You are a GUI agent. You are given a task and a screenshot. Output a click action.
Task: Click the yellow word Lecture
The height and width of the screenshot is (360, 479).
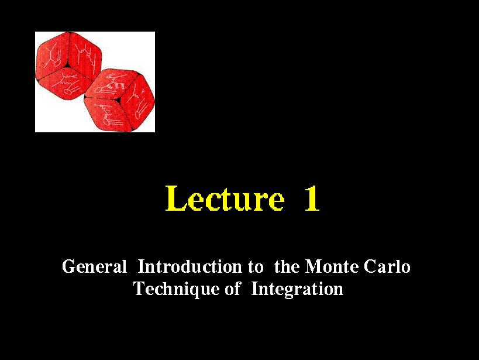pyautogui.click(x=225, y=198)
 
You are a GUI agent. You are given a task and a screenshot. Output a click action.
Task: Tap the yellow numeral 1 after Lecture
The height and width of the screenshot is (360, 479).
pyautogui.click(x=312, y=199)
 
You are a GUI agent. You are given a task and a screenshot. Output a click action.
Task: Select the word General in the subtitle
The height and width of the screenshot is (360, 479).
pyautogui.click(x=94, y=266)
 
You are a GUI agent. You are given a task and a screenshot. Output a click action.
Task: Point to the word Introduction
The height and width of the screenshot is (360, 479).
pyautogui.click(x=189, y=266)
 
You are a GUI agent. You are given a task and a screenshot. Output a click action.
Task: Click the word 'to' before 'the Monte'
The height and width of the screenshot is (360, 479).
pyautogui.click(x=256, y=267)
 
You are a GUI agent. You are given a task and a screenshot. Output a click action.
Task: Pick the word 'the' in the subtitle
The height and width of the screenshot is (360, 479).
pyautogui.click(x=287, y=266)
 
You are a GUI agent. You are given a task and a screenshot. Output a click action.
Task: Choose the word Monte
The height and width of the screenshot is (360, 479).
pyautogui.click(x=332, y=266)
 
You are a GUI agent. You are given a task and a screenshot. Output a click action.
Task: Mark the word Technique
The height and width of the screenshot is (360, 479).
pyautogui.click(x=176, y=289)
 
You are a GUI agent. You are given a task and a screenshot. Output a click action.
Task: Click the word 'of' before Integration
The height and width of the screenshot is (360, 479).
pyautogui.click(x=232, y=289)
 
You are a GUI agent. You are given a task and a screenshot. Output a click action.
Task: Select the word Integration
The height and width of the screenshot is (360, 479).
pyautogui.click(x=297, y=289)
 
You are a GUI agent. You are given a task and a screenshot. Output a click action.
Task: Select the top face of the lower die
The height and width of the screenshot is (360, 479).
pyautogui.click(x=112, y=84)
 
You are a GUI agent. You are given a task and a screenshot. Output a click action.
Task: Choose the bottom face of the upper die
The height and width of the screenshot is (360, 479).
pyautogui.click(x=64, y=82)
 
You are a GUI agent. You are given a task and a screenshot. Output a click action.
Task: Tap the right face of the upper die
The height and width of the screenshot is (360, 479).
pyautogui.click(x=84, y=55)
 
